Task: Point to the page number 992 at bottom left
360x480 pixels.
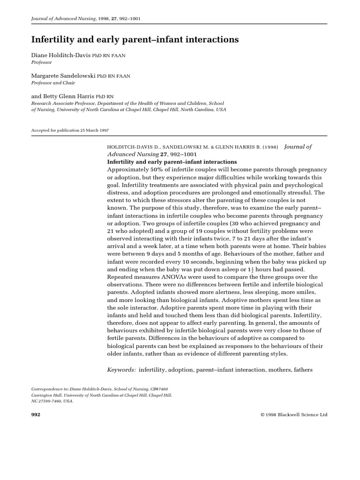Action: pos(36,415)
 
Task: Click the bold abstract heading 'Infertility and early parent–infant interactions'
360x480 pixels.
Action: pos(172,161)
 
